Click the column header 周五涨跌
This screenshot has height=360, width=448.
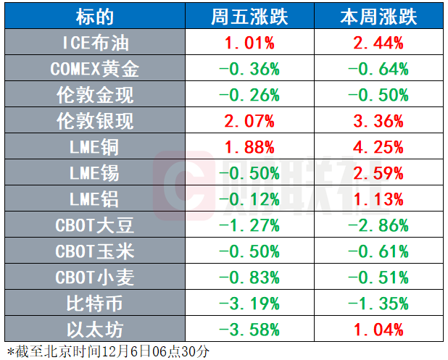[250, 17]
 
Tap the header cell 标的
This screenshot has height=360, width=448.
[95, 17]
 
